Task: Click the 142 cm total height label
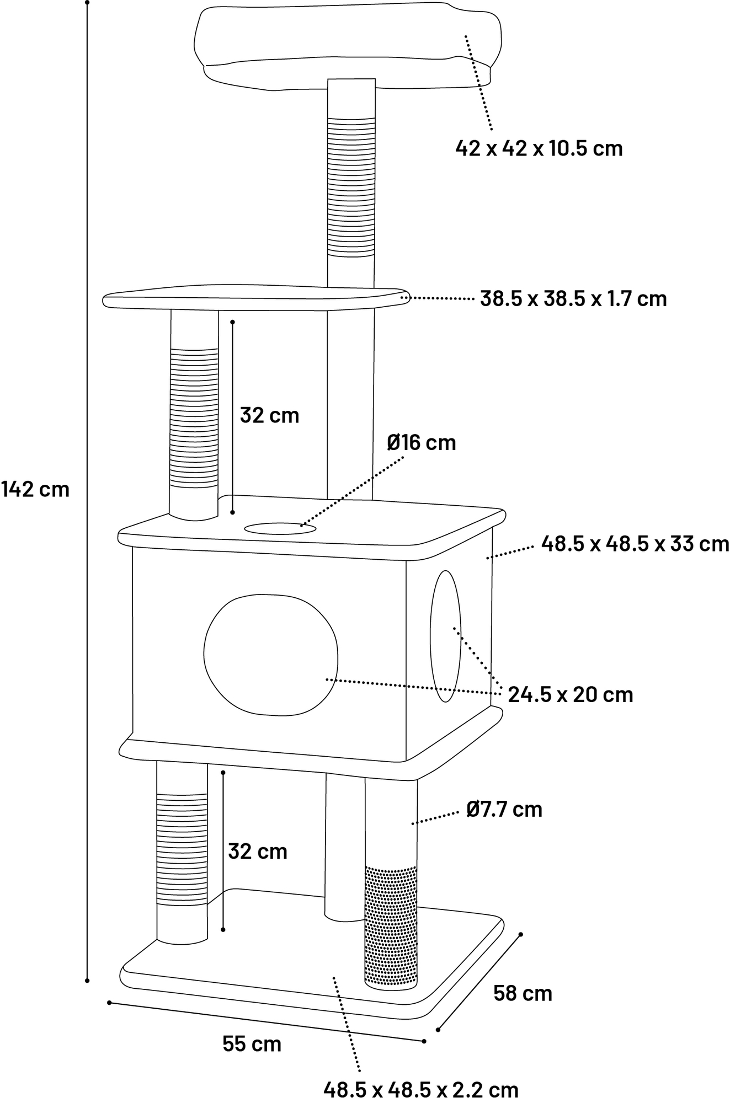(x=35, y=489)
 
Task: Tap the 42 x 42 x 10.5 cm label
(x=539, y=148)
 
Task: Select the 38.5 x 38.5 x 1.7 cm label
(x=573, y=299)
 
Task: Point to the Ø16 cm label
(x=422, y=442)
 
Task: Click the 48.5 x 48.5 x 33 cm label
(x=635, y=544)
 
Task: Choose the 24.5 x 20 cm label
(x=570, y=694)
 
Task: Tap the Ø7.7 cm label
(x=504, y=810)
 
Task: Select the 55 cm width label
(x=252, y=1044)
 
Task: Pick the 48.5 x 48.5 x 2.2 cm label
(x=420, y=1090)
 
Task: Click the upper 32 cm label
(x=269, y=415)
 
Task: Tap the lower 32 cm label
(x=258, y=852)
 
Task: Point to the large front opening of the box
(x=270, y=655)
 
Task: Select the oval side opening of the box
(x=445, y=636)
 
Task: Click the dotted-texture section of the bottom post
(x=391, y=927)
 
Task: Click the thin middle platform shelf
(x=254, y=298)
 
